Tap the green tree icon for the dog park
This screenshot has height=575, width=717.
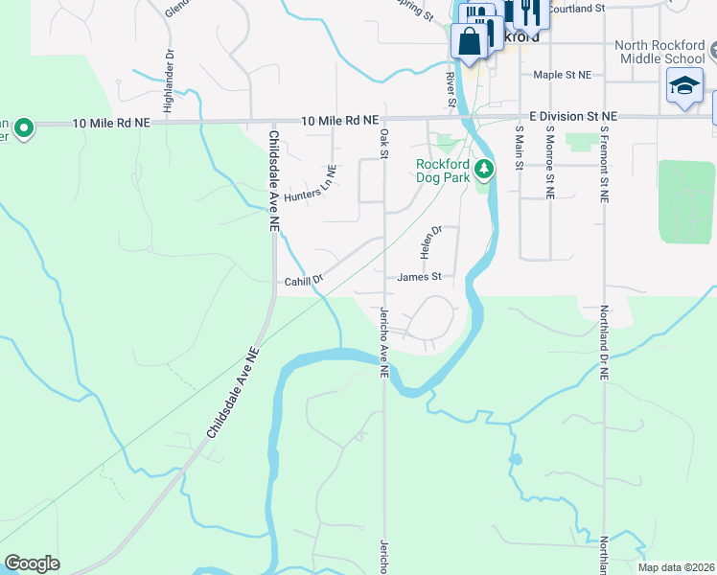pos(485,170)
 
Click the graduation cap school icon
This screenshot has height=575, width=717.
pos(685,88)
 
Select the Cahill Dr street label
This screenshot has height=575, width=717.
pos(304,282)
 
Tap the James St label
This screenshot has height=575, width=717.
pos(419,277)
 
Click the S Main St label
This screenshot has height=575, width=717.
pos(519,149)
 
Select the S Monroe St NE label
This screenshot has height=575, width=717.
pos(550,161)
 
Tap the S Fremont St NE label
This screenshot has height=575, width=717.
pos(605,164)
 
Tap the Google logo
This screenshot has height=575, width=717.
pos(33,563)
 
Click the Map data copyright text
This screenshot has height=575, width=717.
pos(675,567)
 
